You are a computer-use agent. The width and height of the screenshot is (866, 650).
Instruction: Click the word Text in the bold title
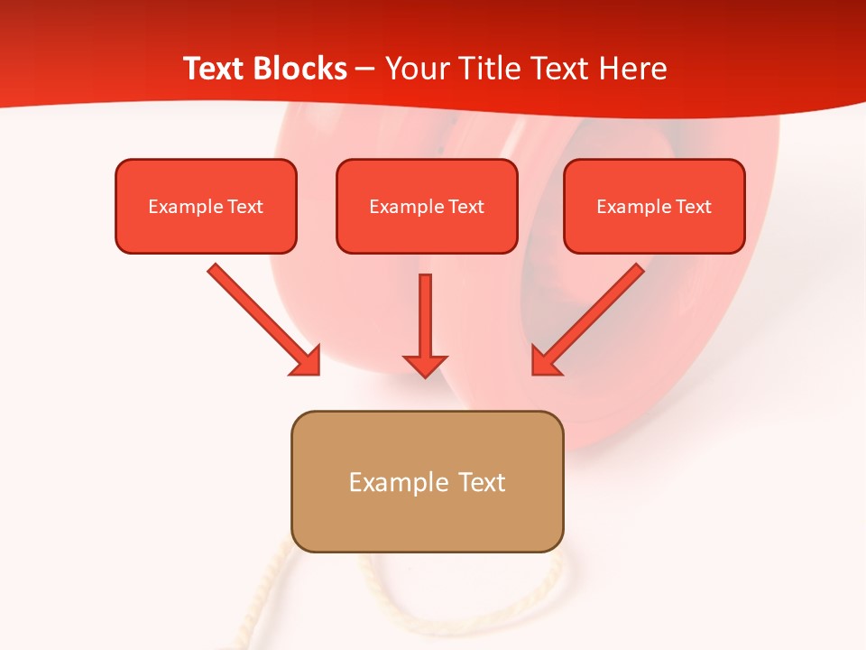tap(215, 69)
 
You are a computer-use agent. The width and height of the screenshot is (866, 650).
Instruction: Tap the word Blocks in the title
tap(299, 69)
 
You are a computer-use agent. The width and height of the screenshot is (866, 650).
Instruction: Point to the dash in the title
tap(365, 70)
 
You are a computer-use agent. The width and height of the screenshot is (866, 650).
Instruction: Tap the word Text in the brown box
tap(481, 482)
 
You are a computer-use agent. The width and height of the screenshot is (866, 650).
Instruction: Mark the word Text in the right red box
tap(693, 207)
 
